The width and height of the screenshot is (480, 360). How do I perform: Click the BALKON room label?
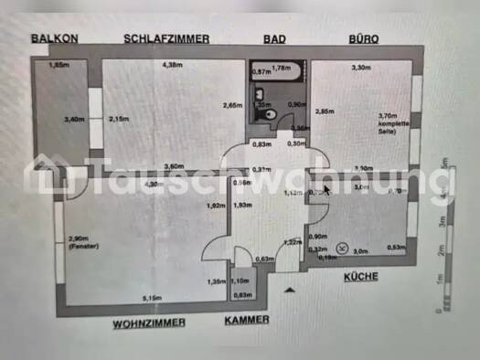pos(54,38)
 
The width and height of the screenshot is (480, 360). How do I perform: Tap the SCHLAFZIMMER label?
pos(167,38)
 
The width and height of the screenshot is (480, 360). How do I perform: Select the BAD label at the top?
pos(274,38)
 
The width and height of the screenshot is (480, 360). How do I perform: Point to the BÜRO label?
pos(363,38)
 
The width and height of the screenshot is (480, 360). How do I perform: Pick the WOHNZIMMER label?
pos(149,323)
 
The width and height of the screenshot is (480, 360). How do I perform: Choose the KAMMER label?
pos(247,320)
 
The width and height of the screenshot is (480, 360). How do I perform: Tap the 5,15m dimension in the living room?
pos(153,297)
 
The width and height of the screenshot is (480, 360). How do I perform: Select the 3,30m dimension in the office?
pos(361,67)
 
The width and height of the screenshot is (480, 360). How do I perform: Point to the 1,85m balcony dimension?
pos(58,65)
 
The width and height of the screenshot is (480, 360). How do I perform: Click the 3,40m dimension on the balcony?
pos(73,119)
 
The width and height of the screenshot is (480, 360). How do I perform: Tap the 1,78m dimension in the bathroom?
pos(283,68)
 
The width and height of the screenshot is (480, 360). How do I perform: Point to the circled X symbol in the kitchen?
pos(341,247)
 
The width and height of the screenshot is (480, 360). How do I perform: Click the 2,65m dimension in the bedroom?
pos(232,105)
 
